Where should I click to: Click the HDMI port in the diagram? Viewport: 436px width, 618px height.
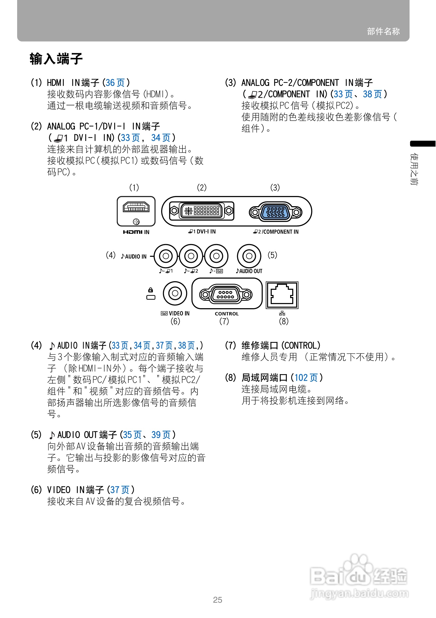[x=136, y=207]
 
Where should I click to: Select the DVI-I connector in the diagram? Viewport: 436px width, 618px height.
[x=202, y=211]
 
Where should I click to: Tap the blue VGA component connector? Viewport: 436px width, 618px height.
[x=275, y=212]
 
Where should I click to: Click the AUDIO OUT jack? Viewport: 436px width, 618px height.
[x=249, y=256]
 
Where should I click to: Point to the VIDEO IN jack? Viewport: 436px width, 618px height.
[x=175, y=293]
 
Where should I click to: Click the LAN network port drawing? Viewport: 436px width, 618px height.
[x=282, y=295]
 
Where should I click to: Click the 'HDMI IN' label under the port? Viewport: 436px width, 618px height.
[x=136, y=232]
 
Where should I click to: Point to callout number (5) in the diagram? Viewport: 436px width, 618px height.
[x=272, y=255]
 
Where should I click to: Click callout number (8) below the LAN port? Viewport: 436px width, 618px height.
[x=283, y=321]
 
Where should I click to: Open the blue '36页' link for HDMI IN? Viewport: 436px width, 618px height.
[x=115, y=83]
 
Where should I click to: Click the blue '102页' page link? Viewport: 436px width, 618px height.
[x=306, y=378]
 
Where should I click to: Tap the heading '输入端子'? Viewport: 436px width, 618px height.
[x=56, y=59]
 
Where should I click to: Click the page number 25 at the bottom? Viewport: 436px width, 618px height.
[x=217, y=600]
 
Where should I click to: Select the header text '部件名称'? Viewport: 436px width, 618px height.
[x=383, y=31]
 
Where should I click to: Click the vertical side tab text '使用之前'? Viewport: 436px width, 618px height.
[x=414, y=169]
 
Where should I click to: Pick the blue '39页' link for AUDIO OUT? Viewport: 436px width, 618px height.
[x=161, y=435]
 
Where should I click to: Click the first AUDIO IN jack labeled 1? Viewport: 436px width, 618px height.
[x=166, y=256]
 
